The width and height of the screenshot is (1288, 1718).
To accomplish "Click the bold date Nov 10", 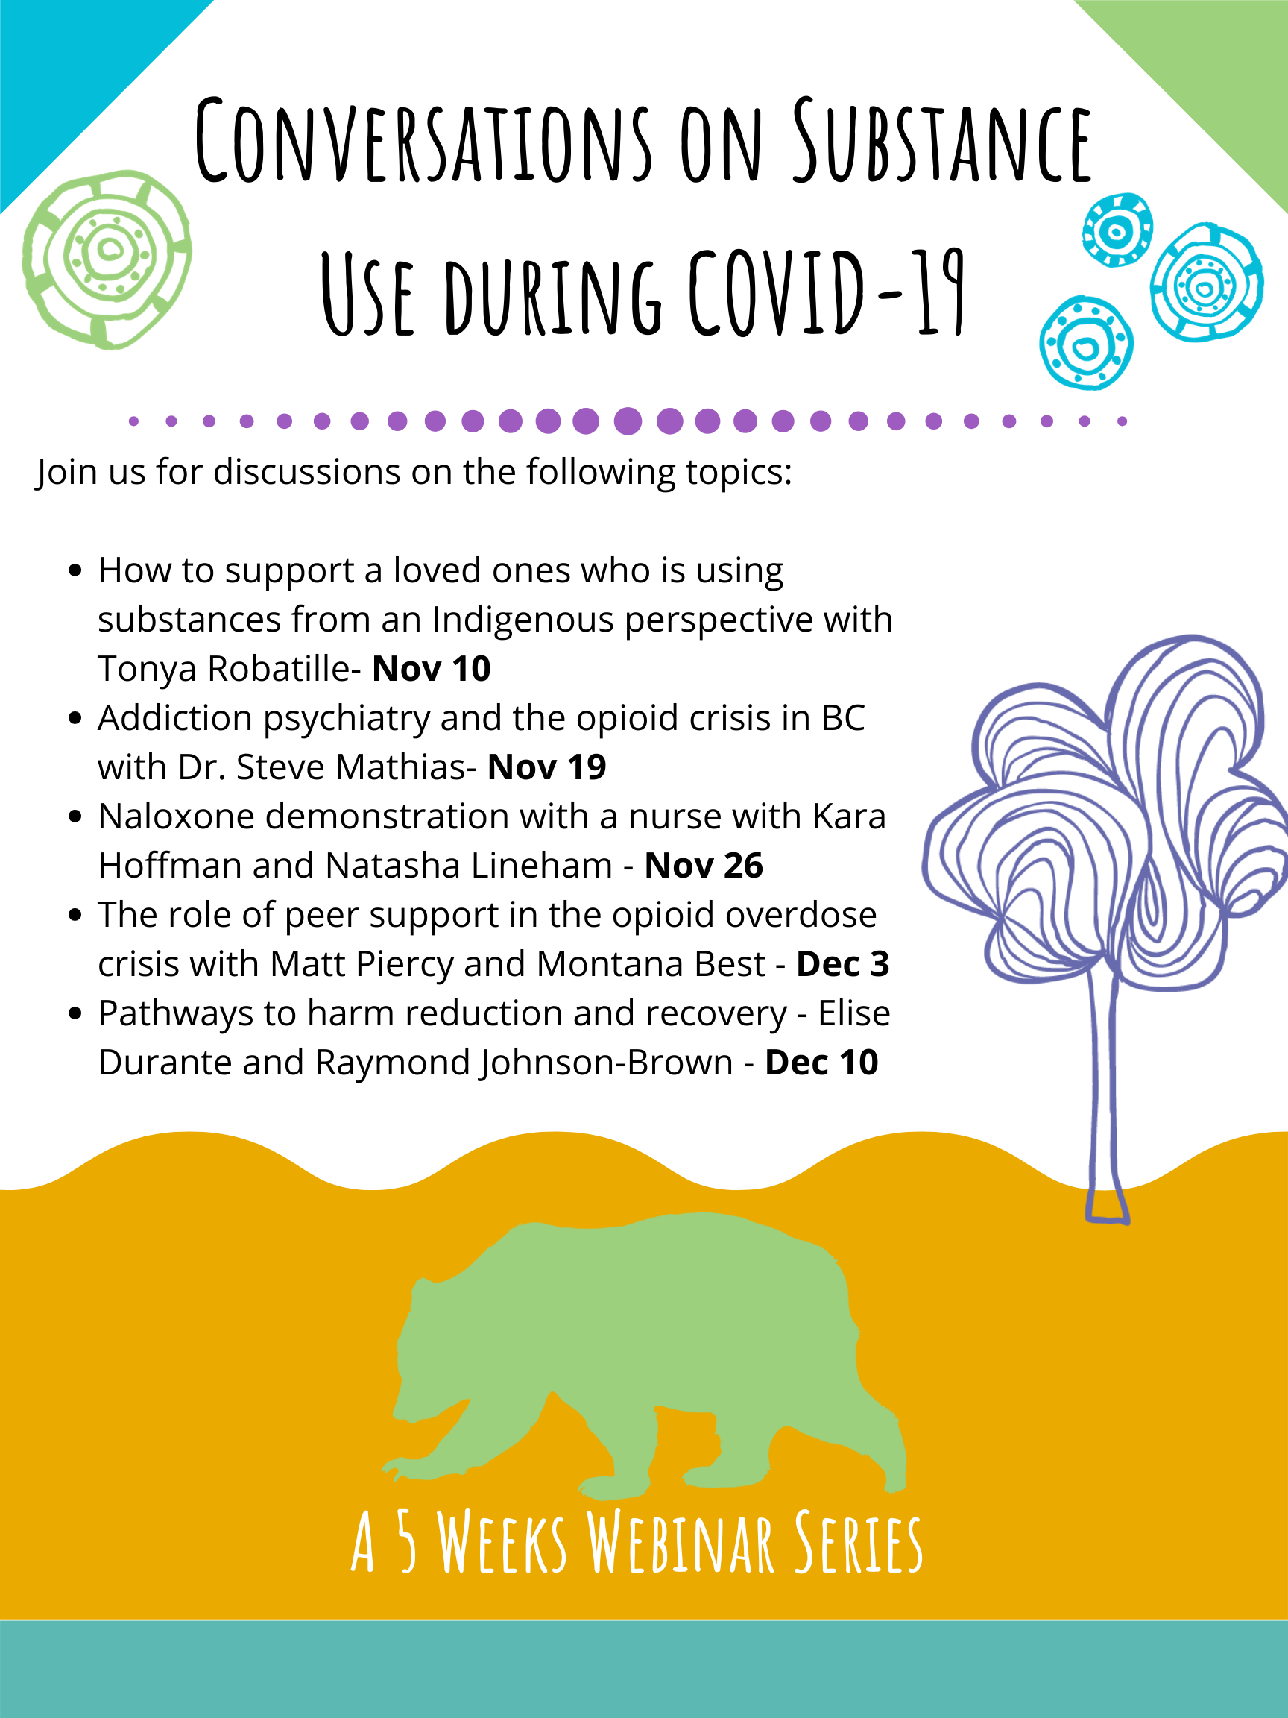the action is [x=431, y=669].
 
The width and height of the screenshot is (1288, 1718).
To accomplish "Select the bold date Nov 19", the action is [x=546, y=767].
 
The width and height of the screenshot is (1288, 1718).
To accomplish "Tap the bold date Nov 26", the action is [x=704, y=865].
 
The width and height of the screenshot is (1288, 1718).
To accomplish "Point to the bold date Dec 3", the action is [x=842, y=964].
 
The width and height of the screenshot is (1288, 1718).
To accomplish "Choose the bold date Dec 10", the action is [x=821, y=1063].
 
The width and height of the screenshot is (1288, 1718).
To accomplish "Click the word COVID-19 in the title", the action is [x=827, y=292].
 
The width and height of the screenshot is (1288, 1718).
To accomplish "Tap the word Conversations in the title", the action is [x=423, y=141].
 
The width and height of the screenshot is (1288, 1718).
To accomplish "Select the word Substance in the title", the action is [x=941, y=141].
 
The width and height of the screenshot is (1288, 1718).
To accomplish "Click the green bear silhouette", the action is [x=645, y=1359].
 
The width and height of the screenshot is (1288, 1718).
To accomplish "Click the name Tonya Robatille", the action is [x=224, y=669].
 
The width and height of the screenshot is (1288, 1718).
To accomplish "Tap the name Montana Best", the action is [x=651, y=964].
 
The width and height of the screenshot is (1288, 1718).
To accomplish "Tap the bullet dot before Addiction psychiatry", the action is [x=75, y=718].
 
